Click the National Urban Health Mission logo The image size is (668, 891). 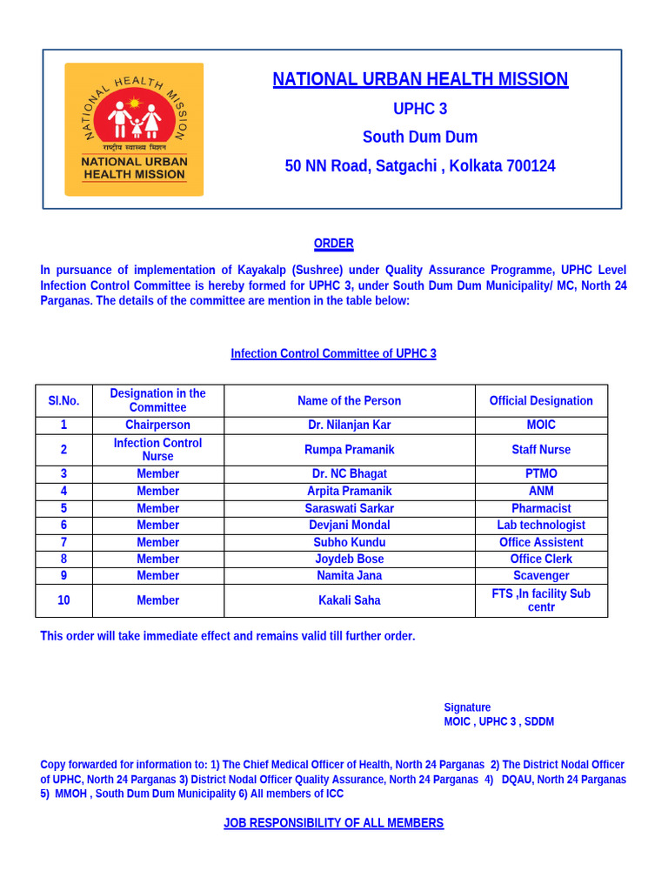pyautogui.click(x=134, y=129)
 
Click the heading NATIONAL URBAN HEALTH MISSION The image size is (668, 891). pyautogui.click(x=420, y=79)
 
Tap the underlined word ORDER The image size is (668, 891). pyautogui.click(x=333, y=244)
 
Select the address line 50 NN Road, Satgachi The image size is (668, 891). pyautogui.click(x=420, y=165)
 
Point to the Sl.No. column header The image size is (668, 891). pyautogui.click(x=63, y=401)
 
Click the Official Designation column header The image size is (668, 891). pyautogui.click(x=541, y=401)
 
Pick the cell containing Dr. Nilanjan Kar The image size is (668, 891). pyautogui.click(x=349, y=425)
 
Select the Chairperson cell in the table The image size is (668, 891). pyautogui.click(x=157, y=425)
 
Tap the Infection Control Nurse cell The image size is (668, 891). pyautogui.click(x=157, y=450)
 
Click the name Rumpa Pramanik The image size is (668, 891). pyautogui.click(x=349, y=450)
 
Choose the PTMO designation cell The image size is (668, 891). pyautogui.click(x=541, y=474)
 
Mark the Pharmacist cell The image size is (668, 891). pyautogui.click(x=541, y=508)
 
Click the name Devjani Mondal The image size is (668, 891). pyautogui.click(x=349, y=526)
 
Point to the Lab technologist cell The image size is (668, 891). pyautogui.click(x=541, y=526)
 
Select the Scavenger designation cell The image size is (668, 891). pyautogui.click(x=541, y=576)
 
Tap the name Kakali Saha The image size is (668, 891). pyautogui.click(x=349, y=600)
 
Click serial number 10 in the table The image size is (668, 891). pyautogui.click(x=63, y=600)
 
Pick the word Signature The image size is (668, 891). pyautogui.click(x=467, y=707)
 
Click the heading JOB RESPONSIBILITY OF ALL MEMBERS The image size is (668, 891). pyautogui.click(x=333, y=823)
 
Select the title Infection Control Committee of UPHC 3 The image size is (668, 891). pyautogui.click(x=333, y=353)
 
